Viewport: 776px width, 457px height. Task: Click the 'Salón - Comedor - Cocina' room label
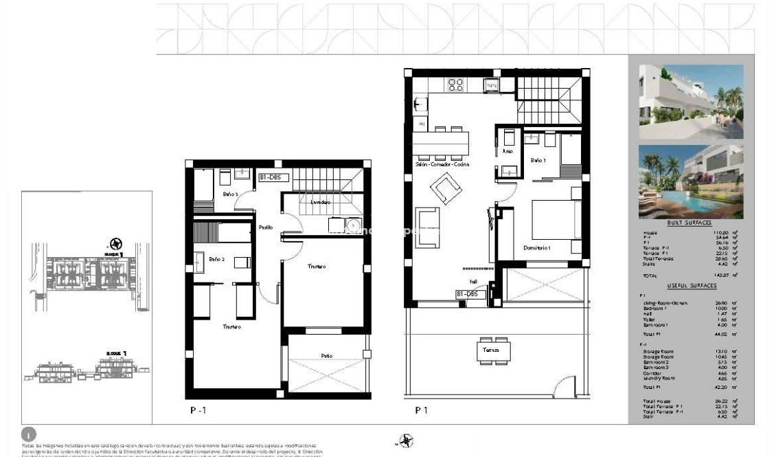442,165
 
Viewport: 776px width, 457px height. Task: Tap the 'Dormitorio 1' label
537,247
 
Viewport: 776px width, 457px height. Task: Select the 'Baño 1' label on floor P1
538,160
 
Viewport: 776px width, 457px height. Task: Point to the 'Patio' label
327,355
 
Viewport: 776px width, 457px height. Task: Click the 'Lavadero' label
321,202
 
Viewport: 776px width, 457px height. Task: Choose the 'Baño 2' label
216,259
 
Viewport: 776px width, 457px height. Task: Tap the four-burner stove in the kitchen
456,85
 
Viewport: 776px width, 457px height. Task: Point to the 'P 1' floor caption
422,410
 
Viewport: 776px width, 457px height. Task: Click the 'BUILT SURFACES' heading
689,223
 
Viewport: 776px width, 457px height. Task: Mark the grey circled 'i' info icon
29,434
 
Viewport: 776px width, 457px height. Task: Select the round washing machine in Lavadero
352,224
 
